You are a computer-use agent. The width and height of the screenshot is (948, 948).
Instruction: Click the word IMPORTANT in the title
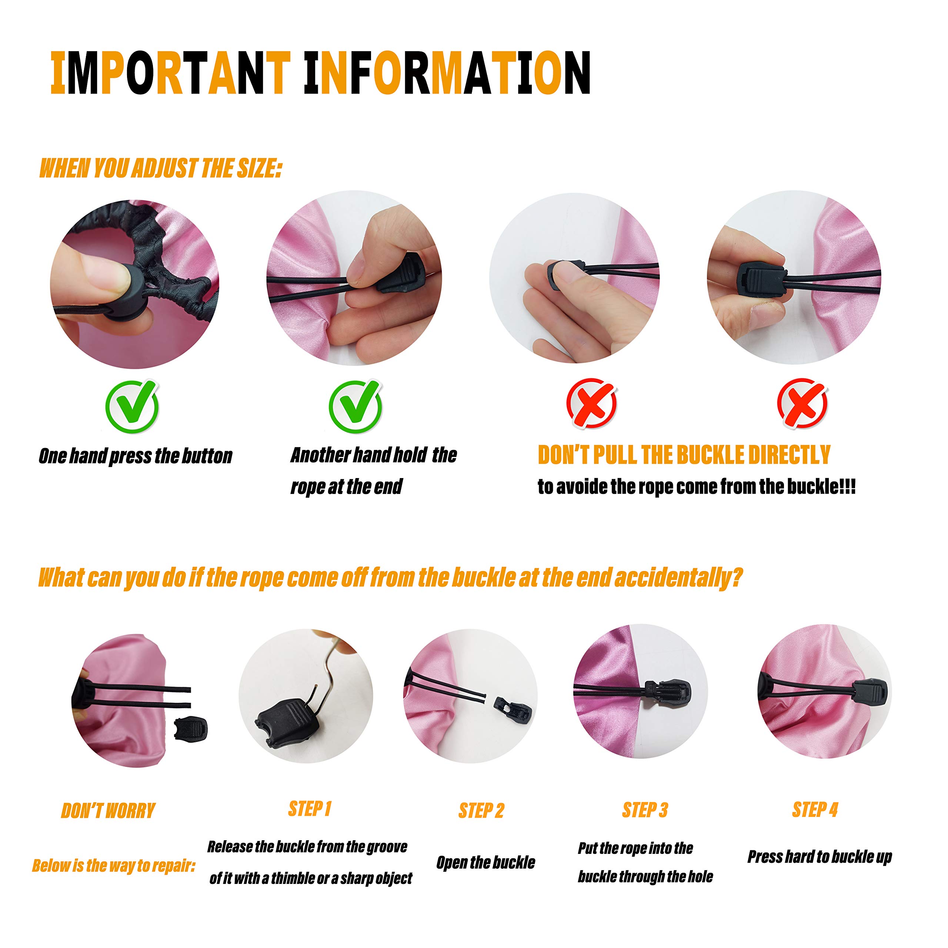pyautogui.click(x=171, y=73)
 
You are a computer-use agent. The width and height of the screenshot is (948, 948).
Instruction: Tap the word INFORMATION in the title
pyautogui.click(x=447, y=73)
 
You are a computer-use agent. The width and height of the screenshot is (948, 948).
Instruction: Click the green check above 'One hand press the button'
pyautogui.click(x=132, y=406)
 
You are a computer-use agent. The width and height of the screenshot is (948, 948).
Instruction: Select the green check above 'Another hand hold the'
pyautogui.click(x=355, y=406)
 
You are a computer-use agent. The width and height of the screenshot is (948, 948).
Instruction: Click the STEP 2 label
pyautogui.click(x=481, y=811)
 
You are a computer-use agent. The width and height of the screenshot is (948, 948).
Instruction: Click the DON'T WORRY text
pyautogui.click(x=108, y=811)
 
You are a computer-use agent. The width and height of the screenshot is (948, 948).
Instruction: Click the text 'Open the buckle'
pyautogui.click(x=486, y=862)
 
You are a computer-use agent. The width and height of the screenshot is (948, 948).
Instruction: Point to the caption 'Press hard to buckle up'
pyautogui.click(x=820, y=857)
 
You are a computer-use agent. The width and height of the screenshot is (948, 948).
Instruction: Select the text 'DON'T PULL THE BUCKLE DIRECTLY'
pyautogui.click(x=684, y=455)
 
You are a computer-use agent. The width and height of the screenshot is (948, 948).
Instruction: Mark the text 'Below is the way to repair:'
pyautogui.click(x=113, y=865)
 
